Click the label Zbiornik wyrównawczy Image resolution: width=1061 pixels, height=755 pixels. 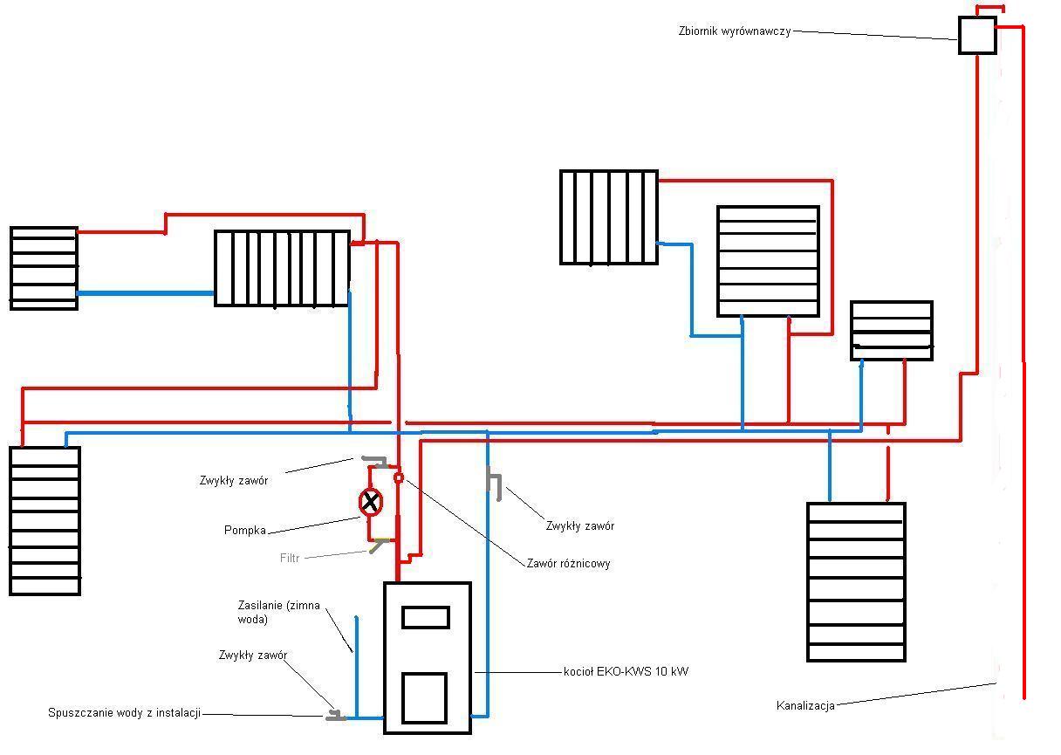tap(734, 31)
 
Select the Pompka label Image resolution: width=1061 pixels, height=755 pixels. tap(245, 530)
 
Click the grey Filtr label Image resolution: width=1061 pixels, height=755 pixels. tap(290, 558)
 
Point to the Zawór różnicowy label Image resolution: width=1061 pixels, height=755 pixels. tap(568, 564)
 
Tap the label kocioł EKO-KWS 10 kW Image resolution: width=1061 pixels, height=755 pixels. tap(626, 671)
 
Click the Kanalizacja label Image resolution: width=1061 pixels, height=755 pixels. tap(805, 706)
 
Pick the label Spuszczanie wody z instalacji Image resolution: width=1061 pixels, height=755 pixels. tap(124, 713)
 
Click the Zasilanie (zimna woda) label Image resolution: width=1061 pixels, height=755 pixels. tap(278, 612)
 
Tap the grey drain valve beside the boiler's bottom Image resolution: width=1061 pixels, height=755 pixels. tap(336, 715)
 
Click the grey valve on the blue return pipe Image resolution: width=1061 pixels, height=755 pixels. tap(495, 484)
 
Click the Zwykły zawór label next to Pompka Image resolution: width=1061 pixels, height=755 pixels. tap(234, 481)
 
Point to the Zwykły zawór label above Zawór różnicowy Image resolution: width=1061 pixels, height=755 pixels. tap(579, 526)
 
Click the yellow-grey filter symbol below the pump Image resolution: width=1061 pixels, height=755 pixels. tap(380, 545)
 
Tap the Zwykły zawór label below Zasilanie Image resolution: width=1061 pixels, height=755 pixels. tap(253, 655)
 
